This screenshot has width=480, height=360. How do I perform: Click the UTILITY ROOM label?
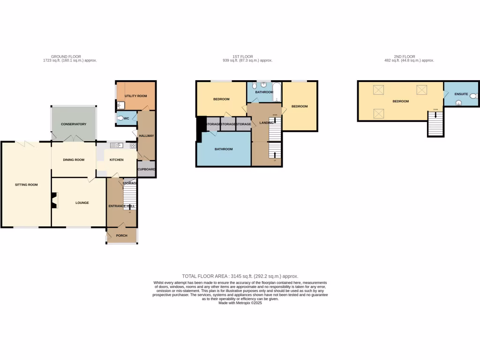(136, 96)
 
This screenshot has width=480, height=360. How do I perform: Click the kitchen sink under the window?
(115, 145)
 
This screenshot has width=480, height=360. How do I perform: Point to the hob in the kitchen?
(133, 145)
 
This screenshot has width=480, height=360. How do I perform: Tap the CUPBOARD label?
(147, 169)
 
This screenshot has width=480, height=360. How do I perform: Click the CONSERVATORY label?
(74, 124)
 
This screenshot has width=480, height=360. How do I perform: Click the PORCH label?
(121, 235)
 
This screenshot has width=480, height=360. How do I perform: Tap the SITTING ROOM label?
(26, 185)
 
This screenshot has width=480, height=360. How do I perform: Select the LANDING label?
(266, 123)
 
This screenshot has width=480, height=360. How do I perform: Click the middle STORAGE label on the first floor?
(228, 124)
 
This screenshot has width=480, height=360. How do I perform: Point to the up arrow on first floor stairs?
(275, 155)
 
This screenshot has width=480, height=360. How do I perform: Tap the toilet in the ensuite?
(473, 96)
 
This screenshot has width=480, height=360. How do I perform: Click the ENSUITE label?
(461, 94)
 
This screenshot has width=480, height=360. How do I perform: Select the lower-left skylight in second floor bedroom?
(378, 113)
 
